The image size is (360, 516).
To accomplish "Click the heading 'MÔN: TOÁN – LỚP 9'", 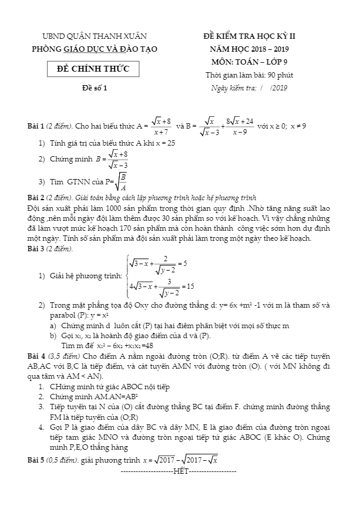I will pos(250,62).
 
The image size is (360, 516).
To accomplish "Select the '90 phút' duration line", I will pos(250,75).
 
